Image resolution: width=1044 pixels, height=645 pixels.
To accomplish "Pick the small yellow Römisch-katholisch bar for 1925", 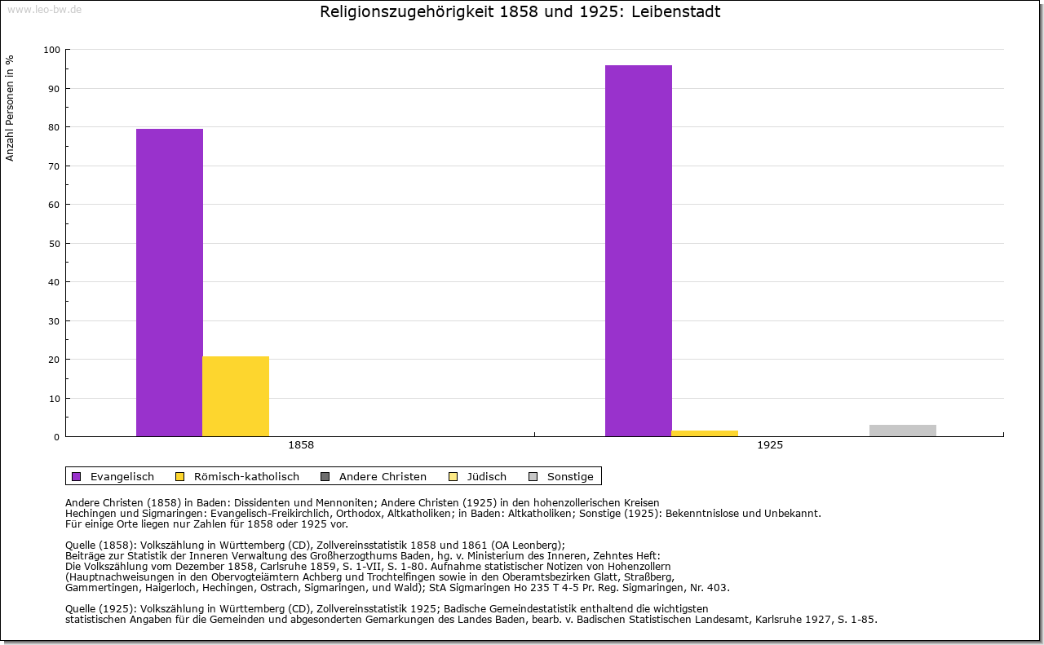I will [x=705, y=433].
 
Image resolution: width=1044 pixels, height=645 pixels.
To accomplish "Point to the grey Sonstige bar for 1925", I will [x=903, y=431].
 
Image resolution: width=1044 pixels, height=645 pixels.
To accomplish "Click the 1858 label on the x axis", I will [x=301, y=445].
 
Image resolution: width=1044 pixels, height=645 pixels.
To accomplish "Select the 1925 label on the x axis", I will [x=770, y=445].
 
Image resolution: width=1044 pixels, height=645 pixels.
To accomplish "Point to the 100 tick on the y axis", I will [x=52, y=50].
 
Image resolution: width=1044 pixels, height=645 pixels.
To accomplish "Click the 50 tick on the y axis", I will [x=55, y=244].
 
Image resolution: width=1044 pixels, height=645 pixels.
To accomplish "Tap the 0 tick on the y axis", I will [x=57, y=437].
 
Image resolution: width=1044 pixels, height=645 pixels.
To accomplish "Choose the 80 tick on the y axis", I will [x=55, y=127].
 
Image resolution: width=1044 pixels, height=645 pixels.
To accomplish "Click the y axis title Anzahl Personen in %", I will [x=10, y=108].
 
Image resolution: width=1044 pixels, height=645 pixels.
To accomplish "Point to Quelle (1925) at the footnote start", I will [x=101, y=608].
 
